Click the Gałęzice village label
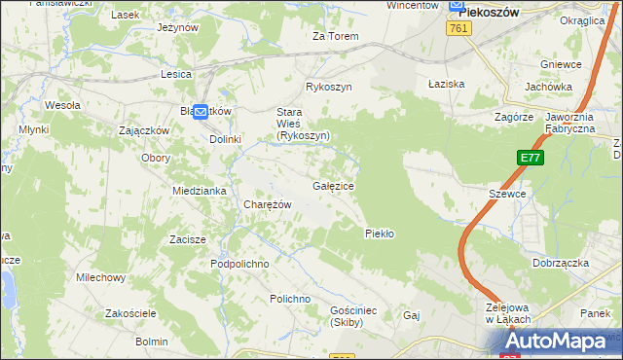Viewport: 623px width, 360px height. click(x=333, y=185)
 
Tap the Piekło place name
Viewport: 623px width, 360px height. click(x=379, y=233)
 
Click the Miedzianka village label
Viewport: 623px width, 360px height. click(x=200, y=191)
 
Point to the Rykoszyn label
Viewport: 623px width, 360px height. click(x=328, y=87)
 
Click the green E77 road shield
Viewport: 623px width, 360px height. click(x=530, y=158)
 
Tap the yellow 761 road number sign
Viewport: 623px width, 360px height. click(x=460, y=29)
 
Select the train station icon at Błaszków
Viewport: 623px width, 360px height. click(x=201, y=112)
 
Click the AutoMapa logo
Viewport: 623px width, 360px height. click(x=564, y=342)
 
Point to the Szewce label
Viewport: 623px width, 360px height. click(x=507, y=194)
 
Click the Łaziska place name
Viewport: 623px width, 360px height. click(x=447, y=84)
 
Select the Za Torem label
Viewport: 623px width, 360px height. click(x=335, y=36)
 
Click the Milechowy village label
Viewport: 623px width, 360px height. click(x=101, y=277)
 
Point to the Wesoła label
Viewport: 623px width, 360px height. click(x=62, y=104)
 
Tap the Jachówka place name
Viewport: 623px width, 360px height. click(x=548, y=87)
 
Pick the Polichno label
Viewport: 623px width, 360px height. click(x=290, y=299)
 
